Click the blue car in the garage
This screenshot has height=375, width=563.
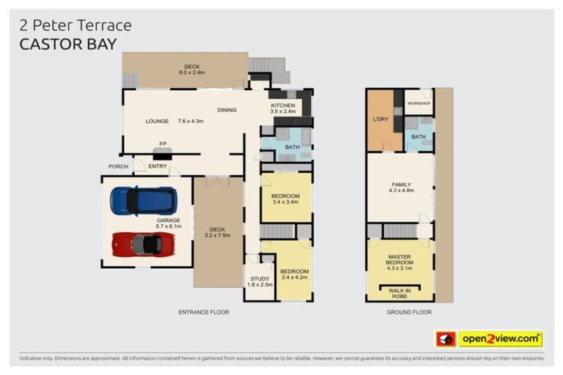(143, 200)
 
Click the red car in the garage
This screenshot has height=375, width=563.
(143, 244)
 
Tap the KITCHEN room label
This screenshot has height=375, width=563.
(283, 105)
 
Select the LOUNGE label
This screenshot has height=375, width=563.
(158, 121)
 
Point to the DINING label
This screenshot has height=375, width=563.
(227, 111)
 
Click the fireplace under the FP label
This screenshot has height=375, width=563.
(162, 153)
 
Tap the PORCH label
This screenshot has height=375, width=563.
(119, 166)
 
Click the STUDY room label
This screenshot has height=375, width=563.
(259, 278)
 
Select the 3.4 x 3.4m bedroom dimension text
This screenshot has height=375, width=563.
(286, 201)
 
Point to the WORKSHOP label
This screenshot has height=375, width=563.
(419, 103)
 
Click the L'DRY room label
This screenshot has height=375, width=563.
(380, 119)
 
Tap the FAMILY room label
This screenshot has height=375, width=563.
(401, 185)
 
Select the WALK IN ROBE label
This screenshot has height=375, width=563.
(400, 293)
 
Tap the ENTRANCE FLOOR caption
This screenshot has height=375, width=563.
(204, 312)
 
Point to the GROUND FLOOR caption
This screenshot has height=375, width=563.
(408, 312)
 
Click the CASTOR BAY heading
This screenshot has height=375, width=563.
(68, 44)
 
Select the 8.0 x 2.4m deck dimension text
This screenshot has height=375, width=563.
(191, 73)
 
